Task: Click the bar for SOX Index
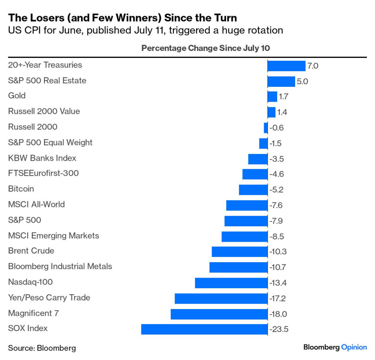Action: coord(204,329)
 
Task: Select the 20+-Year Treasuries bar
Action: coord(286,66)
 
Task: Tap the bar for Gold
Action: coord(272,97)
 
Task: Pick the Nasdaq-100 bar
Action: coord(231,283)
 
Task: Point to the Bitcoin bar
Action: coord(253,190)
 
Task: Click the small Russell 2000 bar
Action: coord(266,128)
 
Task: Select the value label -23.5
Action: coord(279,329)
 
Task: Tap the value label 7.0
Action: coord(313,66)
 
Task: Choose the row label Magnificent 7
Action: coord(33,313)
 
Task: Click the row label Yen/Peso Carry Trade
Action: coord(49,297)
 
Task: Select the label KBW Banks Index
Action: coord(42,158)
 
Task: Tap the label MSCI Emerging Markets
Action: coord(53,235)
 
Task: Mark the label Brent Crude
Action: coord(31,251)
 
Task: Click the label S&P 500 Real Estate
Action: coord(47,81)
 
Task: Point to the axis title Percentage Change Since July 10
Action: coord(206,48)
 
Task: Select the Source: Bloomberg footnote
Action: coord(42,348)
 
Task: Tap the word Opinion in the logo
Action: coord(354,347)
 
